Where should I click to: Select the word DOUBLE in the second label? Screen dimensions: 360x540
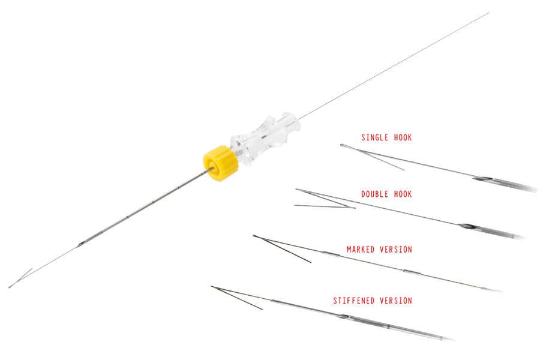(374, 194)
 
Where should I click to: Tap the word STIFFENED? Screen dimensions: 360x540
(353, 300)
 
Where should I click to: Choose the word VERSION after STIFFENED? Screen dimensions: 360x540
(395, 300)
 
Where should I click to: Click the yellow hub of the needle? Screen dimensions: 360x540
(216, 161)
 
